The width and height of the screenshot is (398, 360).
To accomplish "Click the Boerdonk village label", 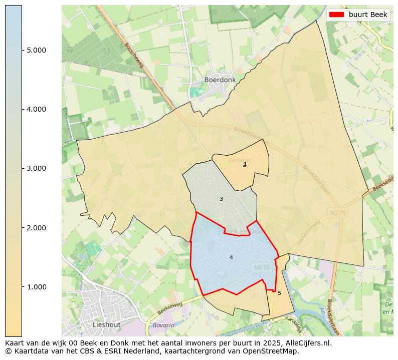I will [220, 80].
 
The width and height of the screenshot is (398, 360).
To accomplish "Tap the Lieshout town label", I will [106, 324].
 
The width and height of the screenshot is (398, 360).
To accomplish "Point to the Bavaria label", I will [164, 325].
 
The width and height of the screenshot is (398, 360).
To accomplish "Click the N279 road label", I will [337, 213].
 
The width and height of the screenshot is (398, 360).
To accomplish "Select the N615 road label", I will [262, 267].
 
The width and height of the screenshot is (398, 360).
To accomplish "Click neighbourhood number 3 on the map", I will [221, 199].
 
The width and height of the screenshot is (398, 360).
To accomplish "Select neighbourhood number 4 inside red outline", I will [231, 257].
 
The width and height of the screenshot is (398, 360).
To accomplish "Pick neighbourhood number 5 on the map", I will [279, 293].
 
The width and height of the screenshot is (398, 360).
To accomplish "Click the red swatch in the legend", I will [337, 15].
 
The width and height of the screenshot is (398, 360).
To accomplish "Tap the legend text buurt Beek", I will [368, 15].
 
